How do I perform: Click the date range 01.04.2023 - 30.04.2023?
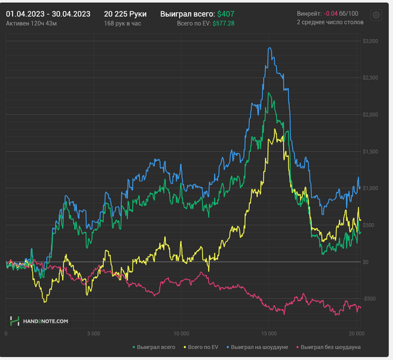(48, 13)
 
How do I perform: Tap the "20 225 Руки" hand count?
(125, 13)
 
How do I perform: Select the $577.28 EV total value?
(223, 24)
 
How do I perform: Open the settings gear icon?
(376, 15)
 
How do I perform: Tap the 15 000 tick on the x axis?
(269, 333)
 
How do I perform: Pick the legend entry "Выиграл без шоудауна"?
(330, 348)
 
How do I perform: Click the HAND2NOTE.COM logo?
(39, 321)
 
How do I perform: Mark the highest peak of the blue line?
(270, 48)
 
